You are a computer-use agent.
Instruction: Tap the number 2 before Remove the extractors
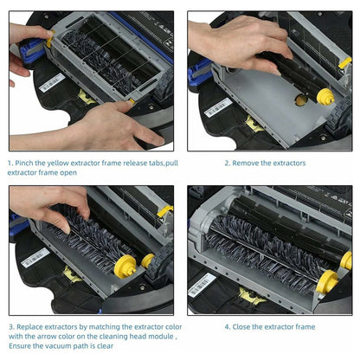coord(227,161)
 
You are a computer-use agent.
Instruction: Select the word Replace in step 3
coord(39,326)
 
